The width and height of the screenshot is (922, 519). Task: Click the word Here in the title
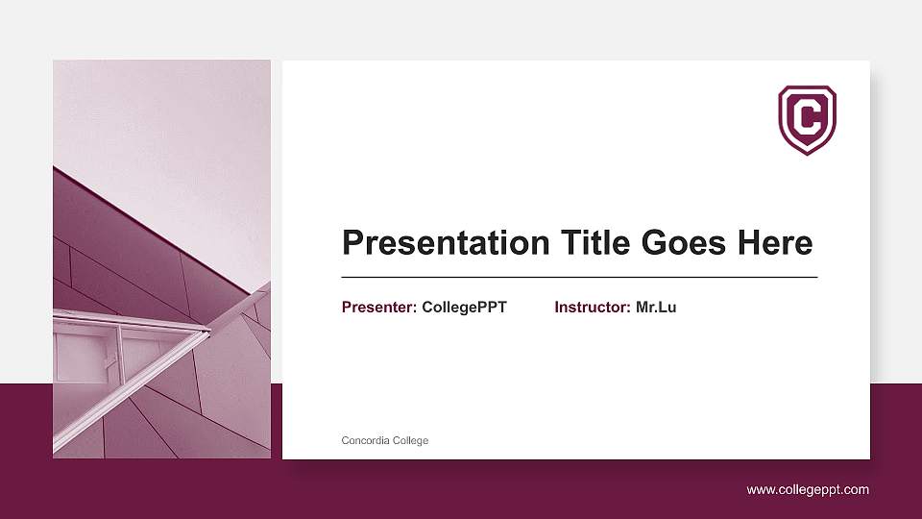click(x=775, y=243)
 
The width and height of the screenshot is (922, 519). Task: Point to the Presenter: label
click(x=379, y=308)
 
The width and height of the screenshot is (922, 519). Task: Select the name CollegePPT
click(x=464, y=308)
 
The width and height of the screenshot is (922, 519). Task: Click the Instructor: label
click(x=593, y=308)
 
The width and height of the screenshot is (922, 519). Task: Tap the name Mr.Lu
click(x=656, y=308)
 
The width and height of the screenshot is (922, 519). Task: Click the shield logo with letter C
click(x=807, y=119)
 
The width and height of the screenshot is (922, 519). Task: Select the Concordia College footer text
click(x=385, y=440)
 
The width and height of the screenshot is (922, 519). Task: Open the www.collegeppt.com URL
click(x=808, y=490)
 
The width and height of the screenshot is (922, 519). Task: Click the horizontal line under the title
click(x=579, y=277)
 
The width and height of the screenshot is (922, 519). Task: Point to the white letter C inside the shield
click(x=807, y=117)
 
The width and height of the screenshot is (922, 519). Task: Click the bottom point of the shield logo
click(x=807, y=153)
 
